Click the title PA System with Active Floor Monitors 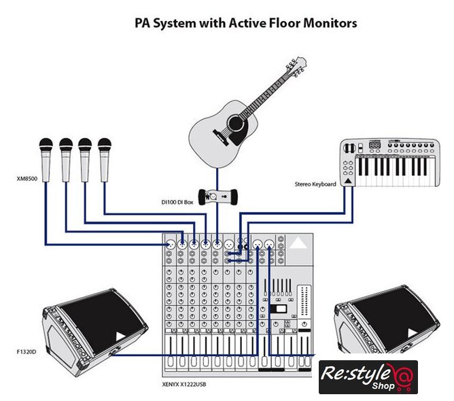click(245, 23)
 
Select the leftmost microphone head click(46, 145)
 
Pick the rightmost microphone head click(104, 145)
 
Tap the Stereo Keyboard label click(315, 184)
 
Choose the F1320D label click(26, 352)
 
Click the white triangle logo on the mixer click(297, 243)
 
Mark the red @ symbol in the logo click(405, 376)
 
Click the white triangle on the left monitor click(120, 336)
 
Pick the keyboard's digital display click(374, 146)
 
